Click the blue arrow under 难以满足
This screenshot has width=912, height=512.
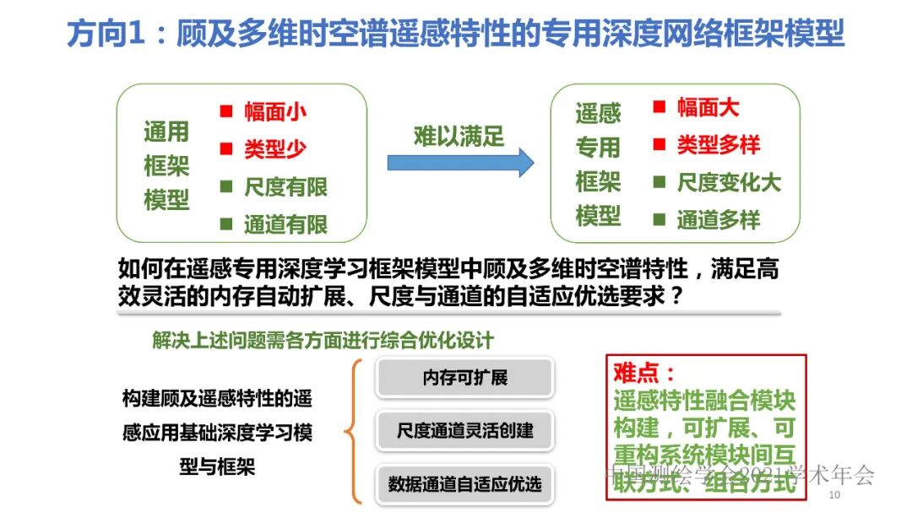[460, 162]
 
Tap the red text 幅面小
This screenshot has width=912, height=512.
[275, 111]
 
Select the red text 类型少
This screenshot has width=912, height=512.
[275, 149]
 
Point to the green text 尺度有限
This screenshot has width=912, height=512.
[285, 187]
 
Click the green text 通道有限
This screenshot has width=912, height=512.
[285, 224]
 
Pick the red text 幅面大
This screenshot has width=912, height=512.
[708, 108]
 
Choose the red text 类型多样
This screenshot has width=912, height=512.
[719, 145]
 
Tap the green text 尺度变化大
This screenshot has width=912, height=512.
[729, 183]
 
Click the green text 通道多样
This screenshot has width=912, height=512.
[719, 220]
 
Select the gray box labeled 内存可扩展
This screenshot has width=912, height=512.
[464, 378]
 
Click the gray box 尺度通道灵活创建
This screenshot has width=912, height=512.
[464, 431]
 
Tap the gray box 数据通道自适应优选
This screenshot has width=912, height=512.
[464, 485]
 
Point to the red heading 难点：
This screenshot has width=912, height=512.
[644, 372]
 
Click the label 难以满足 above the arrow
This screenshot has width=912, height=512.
[459, 137]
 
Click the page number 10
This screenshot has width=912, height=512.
[836, 494]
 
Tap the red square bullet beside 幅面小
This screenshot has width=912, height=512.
[226, 110]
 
